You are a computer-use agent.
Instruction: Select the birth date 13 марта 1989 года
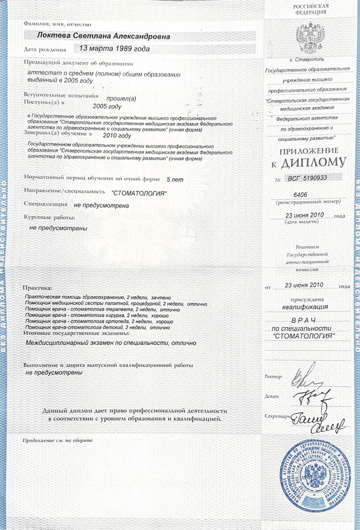[x=114, y=49]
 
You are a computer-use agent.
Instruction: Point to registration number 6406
[x=300, y=195]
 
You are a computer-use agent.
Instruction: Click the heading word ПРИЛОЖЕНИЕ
[x=309, y=151]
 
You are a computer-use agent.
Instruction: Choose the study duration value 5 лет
[x=175, y=180]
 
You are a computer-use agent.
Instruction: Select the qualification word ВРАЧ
[x=304, y=320]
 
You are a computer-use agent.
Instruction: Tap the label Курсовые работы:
[x=49, y=218]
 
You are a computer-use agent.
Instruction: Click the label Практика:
[x=37, y=288]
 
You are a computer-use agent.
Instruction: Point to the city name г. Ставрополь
[x=307, y=60]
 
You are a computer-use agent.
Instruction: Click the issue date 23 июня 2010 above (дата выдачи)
[x=304, y=215]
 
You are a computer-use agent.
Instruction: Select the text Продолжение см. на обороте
[x=58, y=440]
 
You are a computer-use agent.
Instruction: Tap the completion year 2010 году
[x=117, y=136]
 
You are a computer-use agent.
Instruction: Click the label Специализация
[x=45, y=204]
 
